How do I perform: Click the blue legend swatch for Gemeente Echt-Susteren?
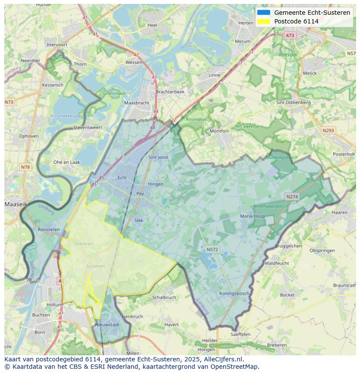click(x=263, y=13)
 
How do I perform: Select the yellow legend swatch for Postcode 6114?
click(x=263, y=21)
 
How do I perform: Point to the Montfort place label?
click(x=219, y=131)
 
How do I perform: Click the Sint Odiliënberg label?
click(x=293, y=103)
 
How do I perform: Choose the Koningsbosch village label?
click(x=234, y=293)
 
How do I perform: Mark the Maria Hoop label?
click(x=253, y=216)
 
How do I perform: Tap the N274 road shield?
click(x=292, y=197)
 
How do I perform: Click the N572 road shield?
click(x=212, y=249)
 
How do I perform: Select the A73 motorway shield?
click(x=290, y=35)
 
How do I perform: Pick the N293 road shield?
click(x=328, y=130)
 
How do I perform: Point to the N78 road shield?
click(x=25, y=167)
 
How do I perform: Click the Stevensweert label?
click(x=87, y=128)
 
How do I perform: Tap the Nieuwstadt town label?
click(x=107, y=324)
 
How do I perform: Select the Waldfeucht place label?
click(x=277, y=263)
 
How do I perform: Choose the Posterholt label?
click(x=343, y=154)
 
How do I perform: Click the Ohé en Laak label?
click(x=67, y=162)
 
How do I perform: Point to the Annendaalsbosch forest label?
click(x=271, y=206)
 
